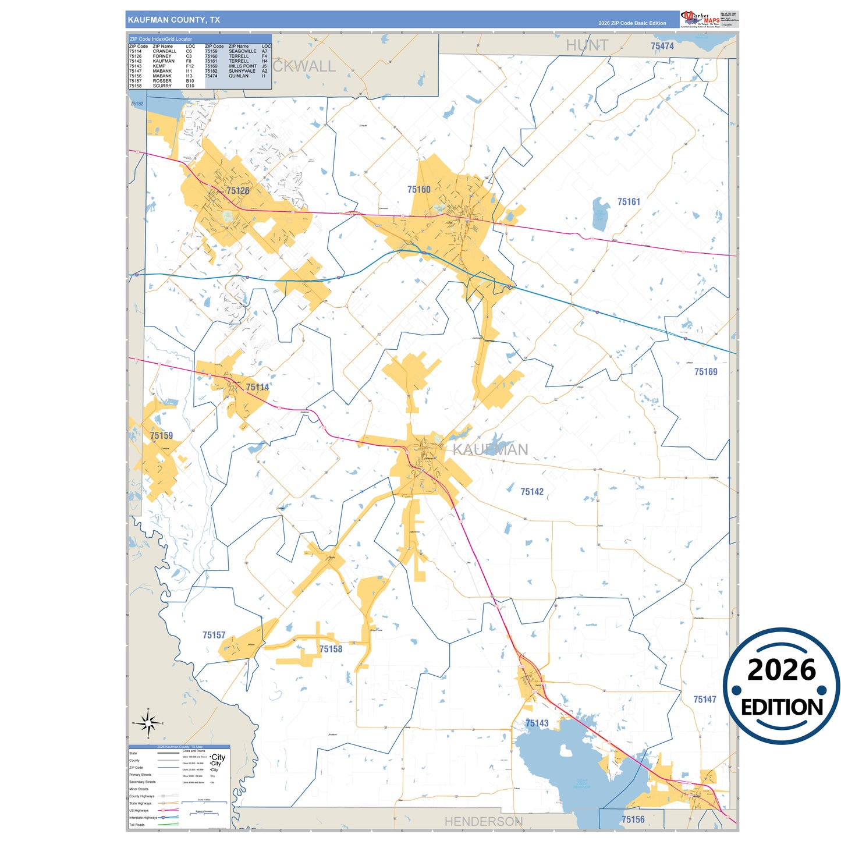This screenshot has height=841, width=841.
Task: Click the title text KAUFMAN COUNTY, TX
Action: pyautogui.click(x=173, y=20)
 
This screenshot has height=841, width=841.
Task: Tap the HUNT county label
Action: pyautogui.click(x=587, y=45)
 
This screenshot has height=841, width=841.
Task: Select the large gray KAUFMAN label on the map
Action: pyautogui.click(x=490, y=449)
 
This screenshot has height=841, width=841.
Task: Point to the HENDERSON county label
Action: pyautogui.click(x=483, y=821)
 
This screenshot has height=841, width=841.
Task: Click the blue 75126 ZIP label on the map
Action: pyautogui.click(x=237, y=190)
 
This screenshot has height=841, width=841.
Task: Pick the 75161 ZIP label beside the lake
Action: pyautogui.click(x=629, y=202)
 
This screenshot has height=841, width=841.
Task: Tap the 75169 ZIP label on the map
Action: pyautogui.click(x=705, y=372)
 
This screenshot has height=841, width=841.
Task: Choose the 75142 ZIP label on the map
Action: pyautogui.click(x=532, y=492)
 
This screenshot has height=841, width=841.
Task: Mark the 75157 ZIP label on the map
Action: pyautogui.click(x=214, y=635)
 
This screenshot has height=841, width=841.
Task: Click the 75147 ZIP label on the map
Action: pyautogui.click(x=704, y=700)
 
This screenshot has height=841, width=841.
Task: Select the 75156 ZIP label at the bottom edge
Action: pyautogui.click(x=633, y=819)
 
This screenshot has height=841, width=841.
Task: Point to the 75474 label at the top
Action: pyautogui.click(x=662, y=46)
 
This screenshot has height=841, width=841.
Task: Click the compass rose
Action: pyautogui.click(x=148, y=723)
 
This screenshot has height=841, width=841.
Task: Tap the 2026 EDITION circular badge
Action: pyautogui.click(x=781, y=686)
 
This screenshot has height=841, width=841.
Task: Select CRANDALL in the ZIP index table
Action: pyautogui.click(x=164, y=51)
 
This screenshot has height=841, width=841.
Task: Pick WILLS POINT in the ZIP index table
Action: pyautogui.click(x=242, y=66)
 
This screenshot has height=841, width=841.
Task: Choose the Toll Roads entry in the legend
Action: pyautogui.click(x=137, y=825)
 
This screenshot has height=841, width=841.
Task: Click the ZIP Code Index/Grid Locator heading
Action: pyautogui.click(x=161, y=39)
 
